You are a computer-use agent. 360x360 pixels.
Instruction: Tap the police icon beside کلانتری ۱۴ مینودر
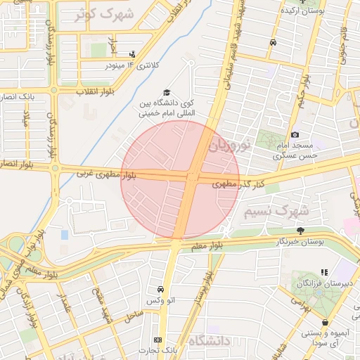132,54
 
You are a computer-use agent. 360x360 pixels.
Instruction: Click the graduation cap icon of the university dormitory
167,93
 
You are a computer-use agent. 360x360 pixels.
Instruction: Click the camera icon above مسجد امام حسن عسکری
295,134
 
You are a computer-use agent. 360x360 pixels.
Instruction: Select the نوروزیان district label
230,146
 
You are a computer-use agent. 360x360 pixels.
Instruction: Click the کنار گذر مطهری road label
239,183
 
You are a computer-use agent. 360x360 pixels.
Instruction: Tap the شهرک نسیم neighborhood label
276,210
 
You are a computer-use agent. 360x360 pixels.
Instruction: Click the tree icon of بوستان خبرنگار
301,231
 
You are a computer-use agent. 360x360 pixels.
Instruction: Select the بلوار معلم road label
206,245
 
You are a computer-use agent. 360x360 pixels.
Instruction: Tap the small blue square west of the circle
65,234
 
